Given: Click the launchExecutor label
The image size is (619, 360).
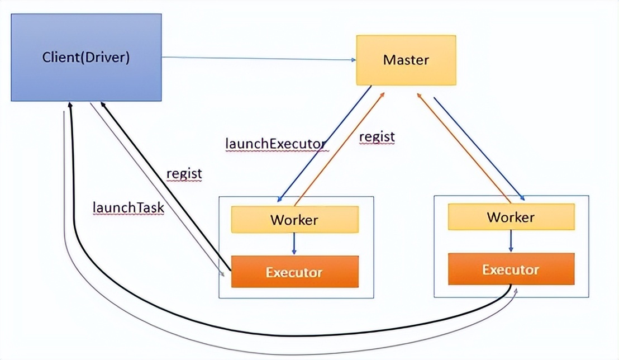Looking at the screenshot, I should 275,143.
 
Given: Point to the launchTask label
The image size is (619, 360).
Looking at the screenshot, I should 128,207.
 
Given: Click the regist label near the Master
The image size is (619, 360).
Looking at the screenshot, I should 377,136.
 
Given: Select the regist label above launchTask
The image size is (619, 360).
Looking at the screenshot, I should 184,173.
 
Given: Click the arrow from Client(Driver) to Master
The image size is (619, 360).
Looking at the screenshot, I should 257,58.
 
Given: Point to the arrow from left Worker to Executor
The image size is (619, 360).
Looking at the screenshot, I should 294,244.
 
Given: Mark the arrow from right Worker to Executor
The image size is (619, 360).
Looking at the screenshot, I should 511,241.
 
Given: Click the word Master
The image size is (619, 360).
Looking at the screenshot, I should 406,60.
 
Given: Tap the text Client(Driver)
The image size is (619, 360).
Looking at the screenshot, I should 86,58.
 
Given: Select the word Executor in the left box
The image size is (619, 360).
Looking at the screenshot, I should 294,273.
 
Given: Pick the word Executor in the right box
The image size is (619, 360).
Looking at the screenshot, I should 511,270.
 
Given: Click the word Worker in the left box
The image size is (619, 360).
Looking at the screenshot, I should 294,220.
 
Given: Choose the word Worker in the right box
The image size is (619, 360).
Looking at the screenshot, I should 511,217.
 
